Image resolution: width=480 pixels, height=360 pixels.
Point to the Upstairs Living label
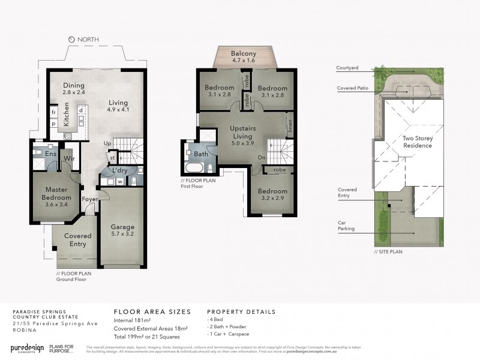[x=243, y=133]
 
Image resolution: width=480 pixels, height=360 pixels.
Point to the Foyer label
[x=89, y=199]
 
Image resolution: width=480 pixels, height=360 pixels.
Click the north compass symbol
[x=71, y=40]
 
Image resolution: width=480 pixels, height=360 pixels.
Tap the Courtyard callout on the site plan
[x=347, y=68]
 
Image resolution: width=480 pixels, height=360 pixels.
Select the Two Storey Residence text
[x=418, y=142]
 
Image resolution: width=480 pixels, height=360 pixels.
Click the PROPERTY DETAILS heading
[x=241, y=312]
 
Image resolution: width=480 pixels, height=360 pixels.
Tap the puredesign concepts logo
[x=29, y=349]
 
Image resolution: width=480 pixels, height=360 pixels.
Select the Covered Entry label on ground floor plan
[x=77, y=240]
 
